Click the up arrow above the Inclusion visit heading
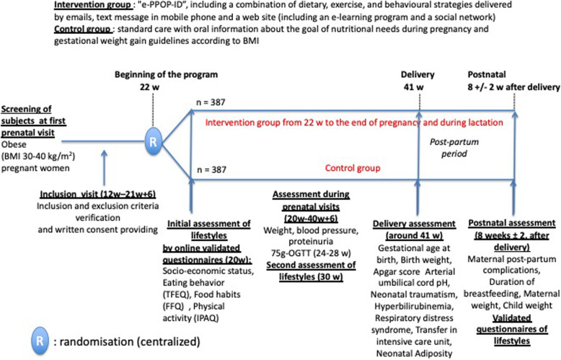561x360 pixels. click(x=106, y=162)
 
